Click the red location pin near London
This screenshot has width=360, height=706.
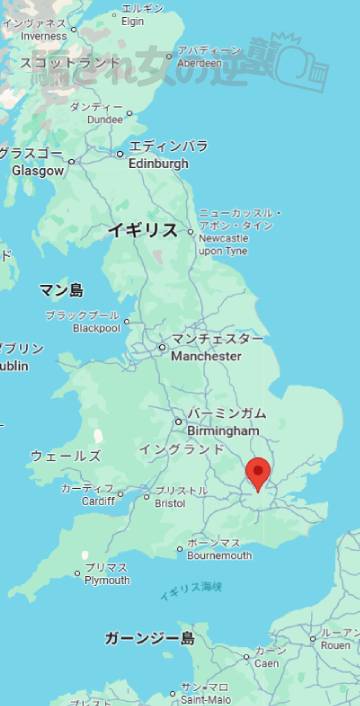[x=258, y=472]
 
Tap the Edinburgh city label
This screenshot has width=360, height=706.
[x=159, y=163]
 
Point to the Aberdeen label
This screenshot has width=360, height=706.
[x=209, y=61]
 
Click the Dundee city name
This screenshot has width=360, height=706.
[x=105, y=119]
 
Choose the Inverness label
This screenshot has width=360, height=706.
[x=43, y=38]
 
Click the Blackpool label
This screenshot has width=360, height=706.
[x=96, y=327]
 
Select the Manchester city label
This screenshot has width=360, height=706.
[x=206, y=356]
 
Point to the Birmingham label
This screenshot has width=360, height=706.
[x=223, y=430]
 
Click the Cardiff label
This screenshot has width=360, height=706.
[x=98, y=500]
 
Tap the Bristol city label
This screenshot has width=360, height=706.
[x=171, y=503]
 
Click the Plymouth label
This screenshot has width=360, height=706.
[x=107, y=580]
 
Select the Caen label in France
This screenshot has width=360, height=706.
[x=265, y=663]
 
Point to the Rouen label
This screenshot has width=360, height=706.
[x=335, y=645]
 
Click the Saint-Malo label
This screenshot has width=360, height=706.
[x=204, y=699]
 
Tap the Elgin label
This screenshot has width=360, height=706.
[x=133, y=20]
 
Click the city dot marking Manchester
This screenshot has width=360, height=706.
[x=162, y=348]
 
